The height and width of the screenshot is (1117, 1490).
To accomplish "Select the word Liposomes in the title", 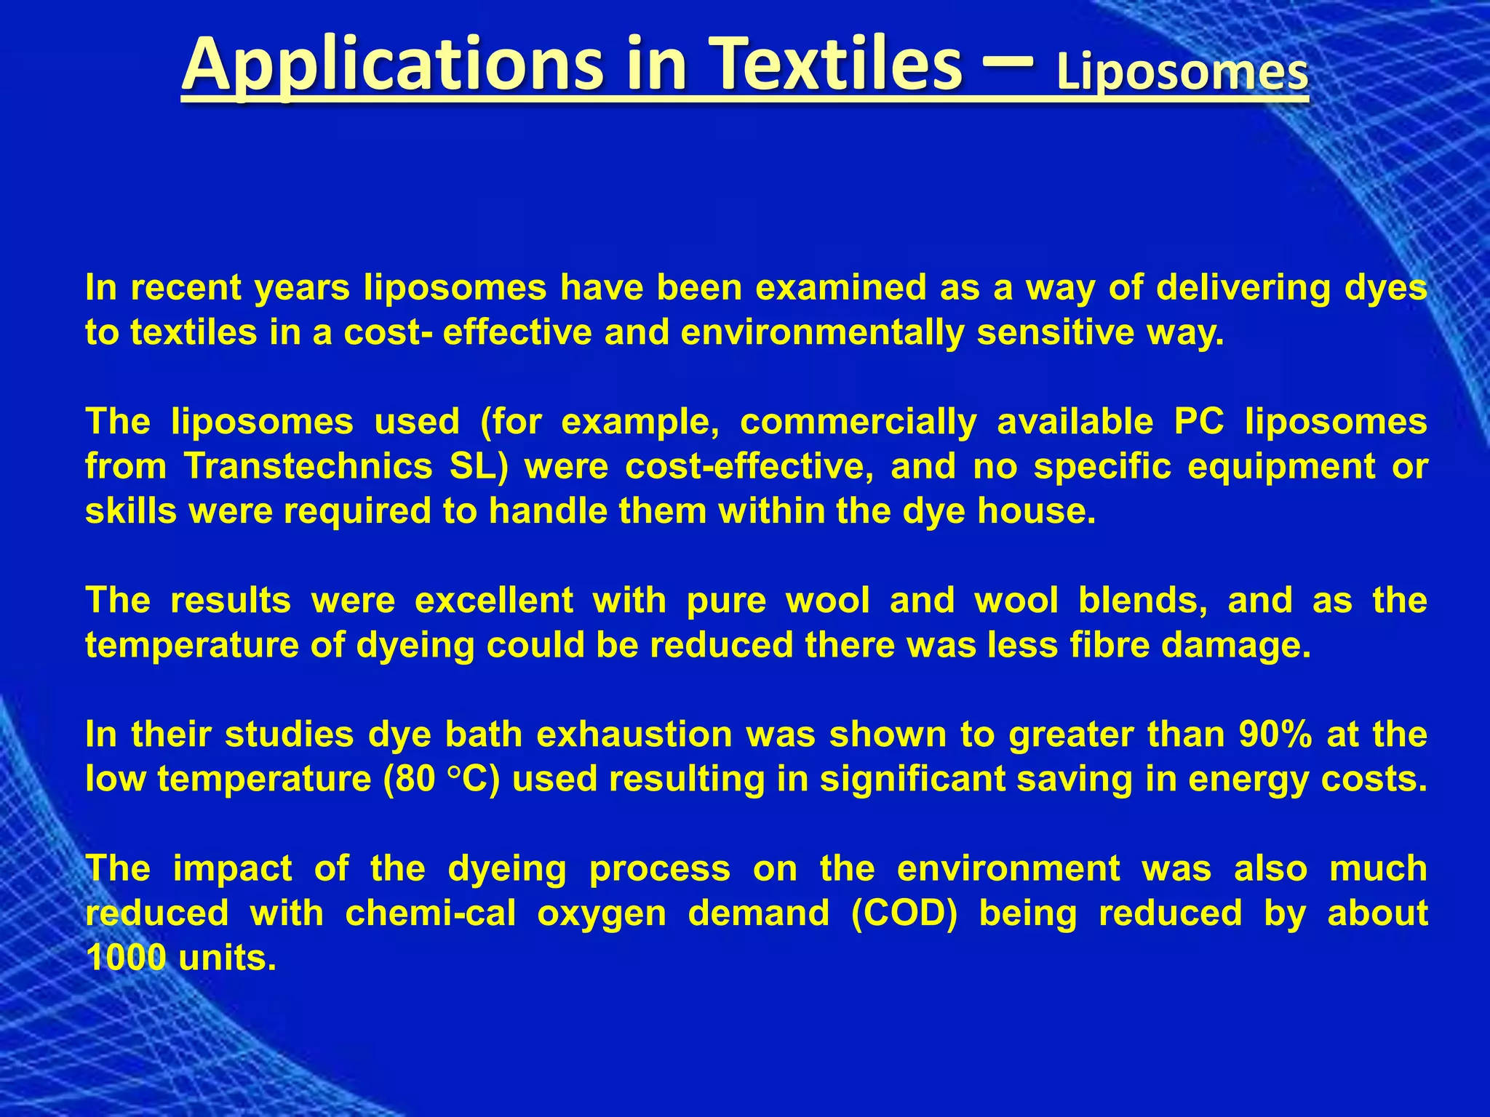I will (1182, 74).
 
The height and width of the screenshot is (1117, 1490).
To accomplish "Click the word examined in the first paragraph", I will (841, 288).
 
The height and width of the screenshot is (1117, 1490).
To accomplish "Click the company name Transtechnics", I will (308, 467).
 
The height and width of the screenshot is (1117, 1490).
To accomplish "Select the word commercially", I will (858, 422).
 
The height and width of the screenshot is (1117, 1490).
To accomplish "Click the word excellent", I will (494, 601).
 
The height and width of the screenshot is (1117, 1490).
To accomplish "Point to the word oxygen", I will (602, 913).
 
